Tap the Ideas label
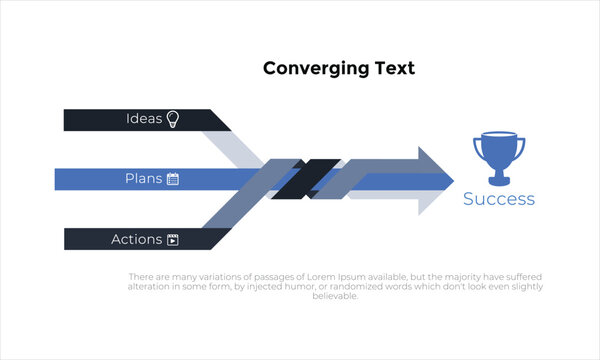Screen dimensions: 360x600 144,119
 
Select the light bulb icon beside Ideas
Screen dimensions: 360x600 172,119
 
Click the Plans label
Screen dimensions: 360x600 143,179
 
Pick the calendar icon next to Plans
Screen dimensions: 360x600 172,179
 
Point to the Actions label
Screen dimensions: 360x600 136,239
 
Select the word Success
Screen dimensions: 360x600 498,199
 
